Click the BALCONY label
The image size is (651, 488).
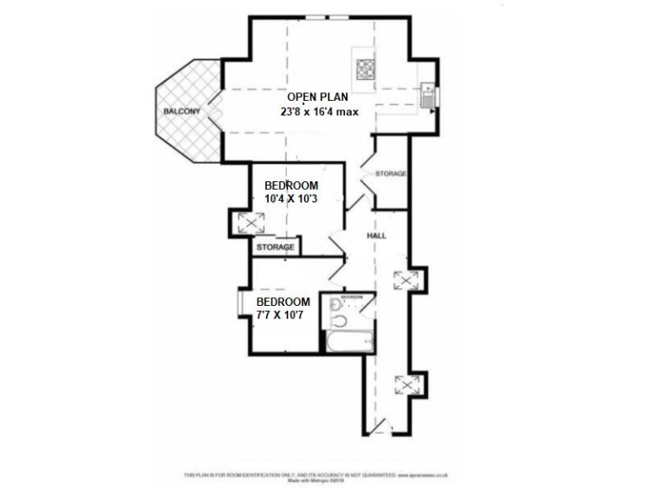(181, 111)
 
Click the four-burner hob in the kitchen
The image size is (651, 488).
(365, 68)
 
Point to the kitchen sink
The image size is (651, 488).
(428, 93)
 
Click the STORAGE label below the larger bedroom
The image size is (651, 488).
(275, 247)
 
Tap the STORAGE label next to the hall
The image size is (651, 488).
(391, 174)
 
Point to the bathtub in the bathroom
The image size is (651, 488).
(348, 341)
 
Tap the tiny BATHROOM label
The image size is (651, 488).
(353, 297)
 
